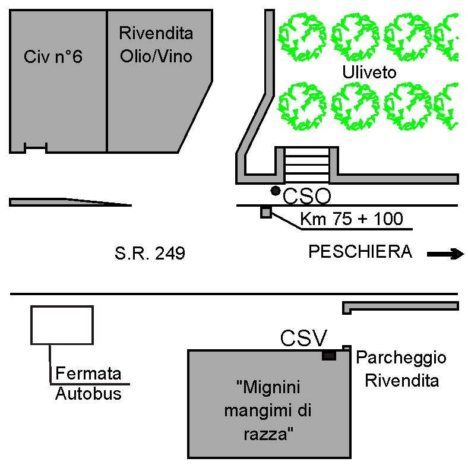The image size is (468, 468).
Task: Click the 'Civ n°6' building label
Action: (53, 57)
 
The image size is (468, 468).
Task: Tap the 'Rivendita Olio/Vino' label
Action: (156, 45)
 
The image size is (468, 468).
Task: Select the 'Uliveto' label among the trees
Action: (369, 72)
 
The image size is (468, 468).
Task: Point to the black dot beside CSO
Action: (275, 191)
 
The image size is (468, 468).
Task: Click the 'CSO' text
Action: (306, 195)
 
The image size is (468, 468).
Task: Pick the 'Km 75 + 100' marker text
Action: (351, 219)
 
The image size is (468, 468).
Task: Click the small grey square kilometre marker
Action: (266, 212)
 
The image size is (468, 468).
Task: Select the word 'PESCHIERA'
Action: (360, 252)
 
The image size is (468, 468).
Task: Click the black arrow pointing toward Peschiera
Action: (445, 254)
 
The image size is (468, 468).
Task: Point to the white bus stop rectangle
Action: (62, 325)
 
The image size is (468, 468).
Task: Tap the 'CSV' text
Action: (303, 339)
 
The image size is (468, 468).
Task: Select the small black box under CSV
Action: (328, 355)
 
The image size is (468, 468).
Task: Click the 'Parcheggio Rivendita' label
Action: (401, 369)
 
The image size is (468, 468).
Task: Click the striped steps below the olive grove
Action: (306, 165)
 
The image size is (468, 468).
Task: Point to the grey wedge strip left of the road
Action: (65, 202)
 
